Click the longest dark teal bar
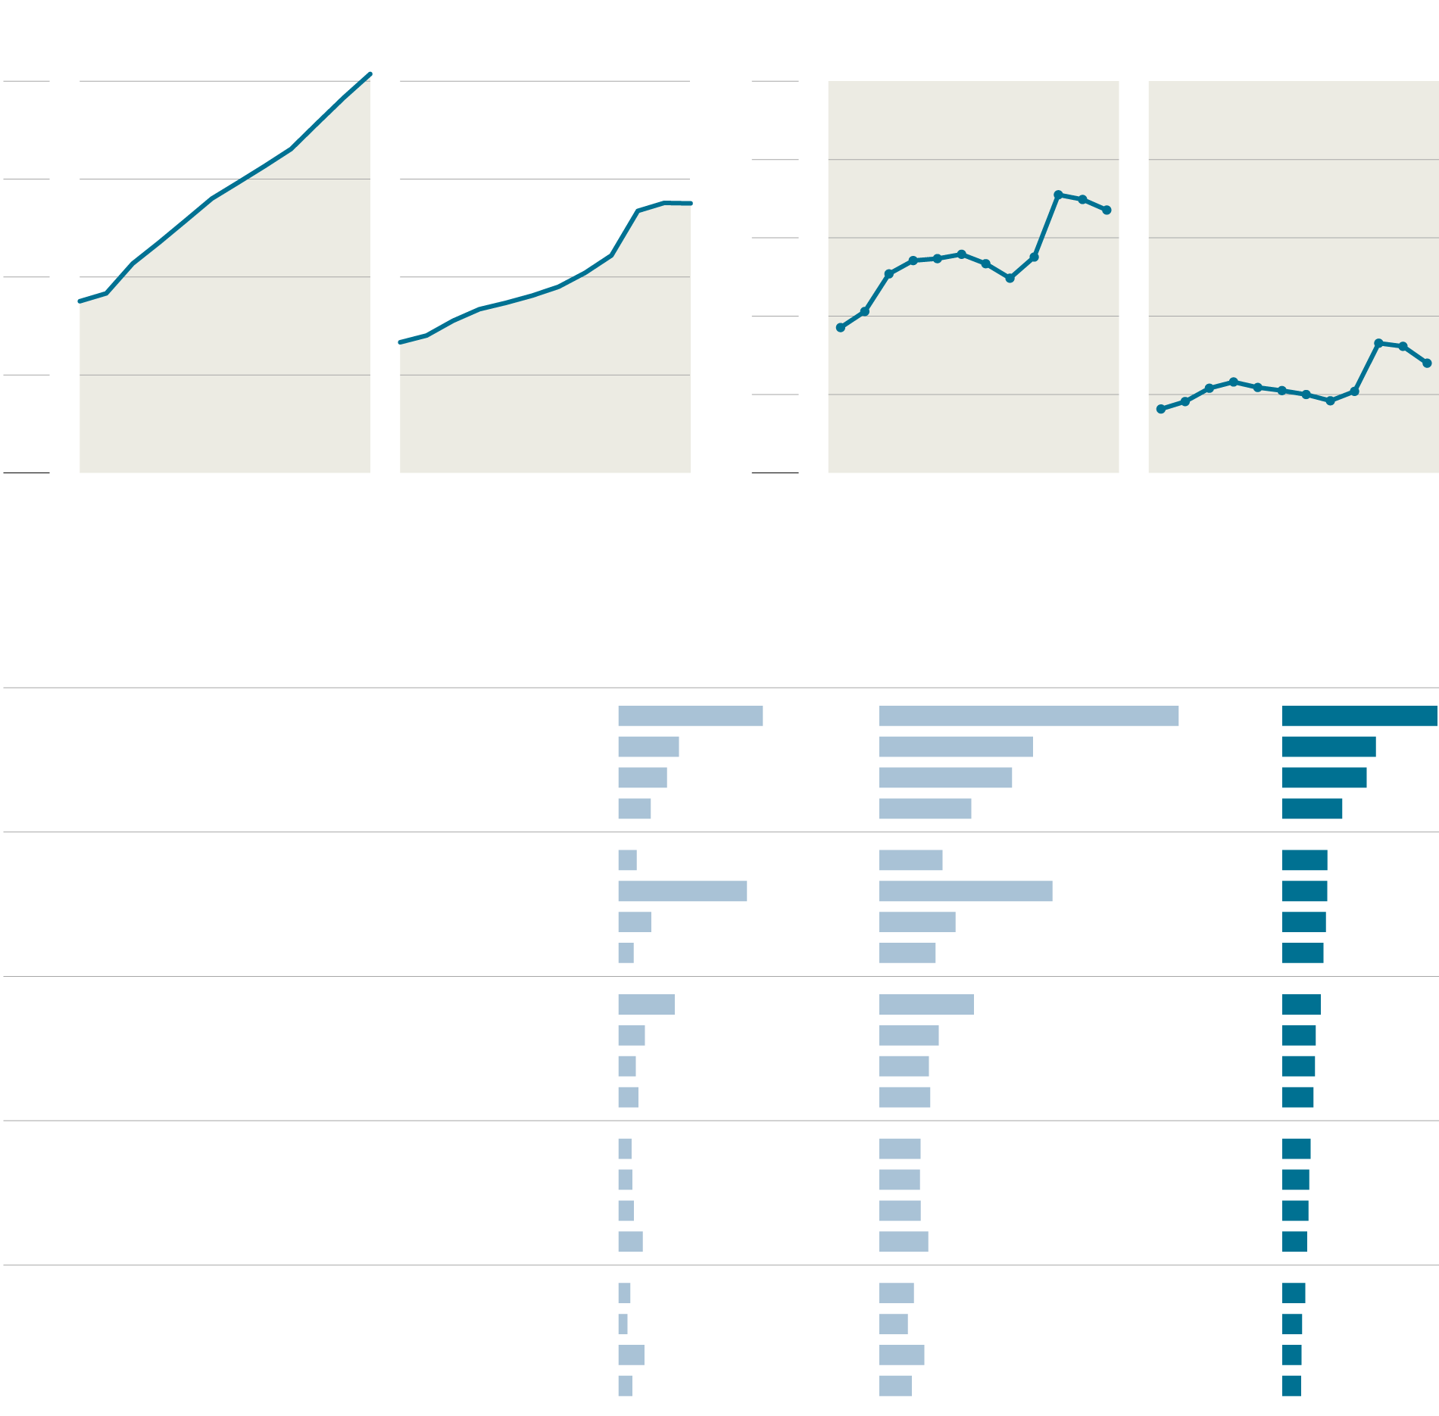tap(1359, 716)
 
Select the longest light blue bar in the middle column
tap(1029, 716)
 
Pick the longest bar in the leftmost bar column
tap(690, 716)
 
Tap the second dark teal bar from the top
tap(1328, 747)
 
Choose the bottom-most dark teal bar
tap(1291, 1386)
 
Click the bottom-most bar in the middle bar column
tap(895, 1386)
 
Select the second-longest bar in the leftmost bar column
tap(682, 891)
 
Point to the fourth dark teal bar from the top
tap(1312, 809)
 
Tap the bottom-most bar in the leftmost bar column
tap(625, 1386)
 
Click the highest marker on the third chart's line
tap(1058, 195)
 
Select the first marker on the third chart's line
tap(841, 328)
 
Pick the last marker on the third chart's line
tap(1107, 210)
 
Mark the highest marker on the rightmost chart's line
tap(1378, 343)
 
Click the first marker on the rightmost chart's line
tap(1161, 409)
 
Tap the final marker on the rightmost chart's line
tap(1427, 363)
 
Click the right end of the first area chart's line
tap(370, 74)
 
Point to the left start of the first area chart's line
tap(80, 301)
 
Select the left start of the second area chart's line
tap(401, 342)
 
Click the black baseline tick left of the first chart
tap(27, 473)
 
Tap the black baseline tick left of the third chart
tap(775, 473)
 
